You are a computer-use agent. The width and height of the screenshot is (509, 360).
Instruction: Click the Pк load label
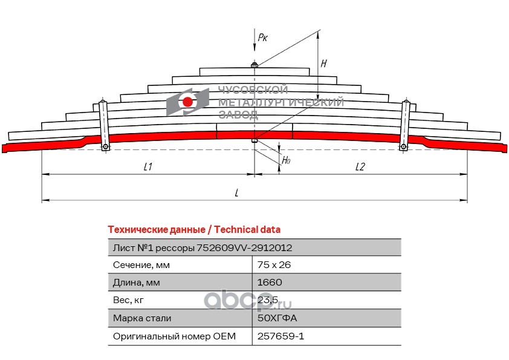point(263,38)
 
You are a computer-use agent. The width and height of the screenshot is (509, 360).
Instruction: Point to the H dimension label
point(324,63)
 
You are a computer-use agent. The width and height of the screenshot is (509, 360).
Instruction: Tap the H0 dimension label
point(287,161)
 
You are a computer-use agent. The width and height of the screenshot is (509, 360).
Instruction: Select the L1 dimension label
point(148,167)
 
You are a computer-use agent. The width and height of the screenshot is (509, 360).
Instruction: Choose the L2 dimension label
point(360,167)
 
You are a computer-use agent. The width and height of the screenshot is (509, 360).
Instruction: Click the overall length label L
point(237,192)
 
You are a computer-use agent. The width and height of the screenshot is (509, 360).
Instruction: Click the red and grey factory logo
point(187,101)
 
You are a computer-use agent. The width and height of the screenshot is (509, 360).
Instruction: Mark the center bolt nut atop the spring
point(254,65)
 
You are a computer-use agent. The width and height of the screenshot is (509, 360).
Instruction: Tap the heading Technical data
point(193,230)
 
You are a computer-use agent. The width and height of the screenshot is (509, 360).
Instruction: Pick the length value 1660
point(270,283)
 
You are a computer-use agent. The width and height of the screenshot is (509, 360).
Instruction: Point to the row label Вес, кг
point(129,300)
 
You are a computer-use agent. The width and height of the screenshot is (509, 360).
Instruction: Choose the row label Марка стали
point(142,318)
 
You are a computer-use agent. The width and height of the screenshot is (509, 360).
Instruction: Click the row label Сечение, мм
point(141,265)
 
